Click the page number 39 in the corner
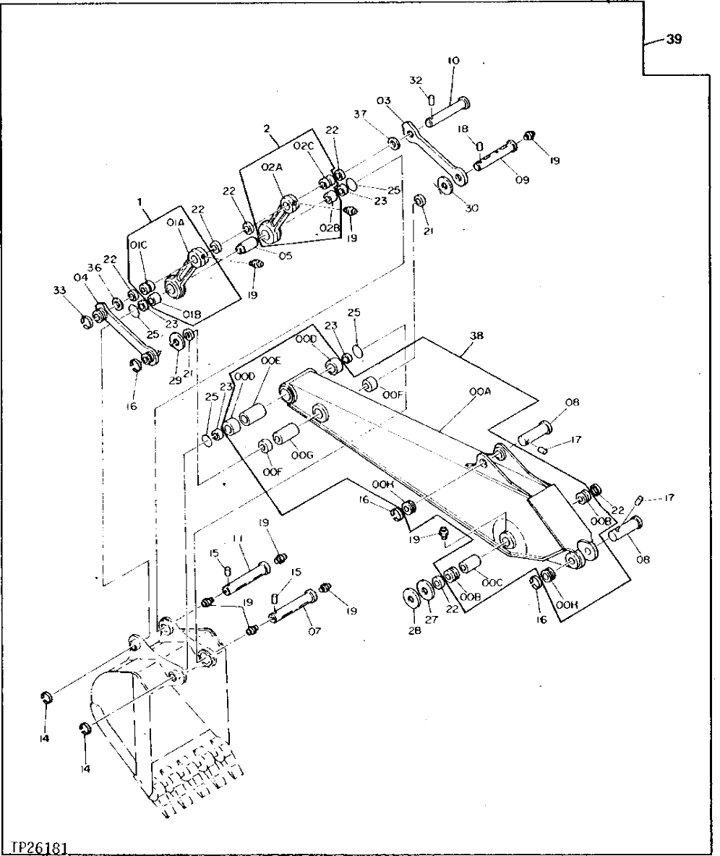(673, 40)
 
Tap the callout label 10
(453, 61)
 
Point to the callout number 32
(416, 80)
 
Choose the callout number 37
(360, 114)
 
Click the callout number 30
(472, 208)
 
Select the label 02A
(271, 167)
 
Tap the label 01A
(175, 223)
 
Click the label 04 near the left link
(80, 278)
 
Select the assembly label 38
(476, 335)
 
